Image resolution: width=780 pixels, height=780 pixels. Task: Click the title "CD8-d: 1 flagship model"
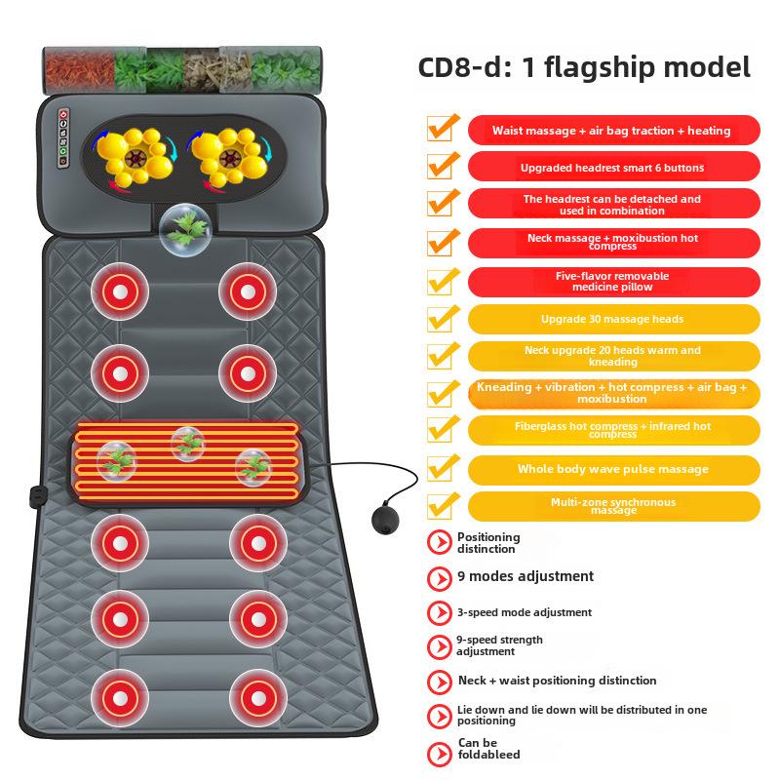pos(584,67)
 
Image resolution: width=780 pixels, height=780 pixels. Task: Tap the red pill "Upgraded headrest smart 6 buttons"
pos(612,168)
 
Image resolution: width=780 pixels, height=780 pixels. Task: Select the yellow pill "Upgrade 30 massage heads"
pos(612,319)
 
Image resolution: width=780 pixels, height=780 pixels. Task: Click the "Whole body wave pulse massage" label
pos(612,469)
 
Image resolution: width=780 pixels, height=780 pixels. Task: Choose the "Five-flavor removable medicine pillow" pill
pos(612,281)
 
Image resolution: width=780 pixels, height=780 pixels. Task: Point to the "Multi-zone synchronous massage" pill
pos(612,506)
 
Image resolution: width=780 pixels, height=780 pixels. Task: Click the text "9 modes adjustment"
pos(525,576)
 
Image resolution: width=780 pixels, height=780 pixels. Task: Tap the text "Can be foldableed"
pos(488,749)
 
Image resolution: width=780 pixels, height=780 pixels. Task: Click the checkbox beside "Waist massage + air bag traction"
pos(441,129)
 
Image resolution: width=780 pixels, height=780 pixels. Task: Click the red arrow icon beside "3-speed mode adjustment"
pos(440,613)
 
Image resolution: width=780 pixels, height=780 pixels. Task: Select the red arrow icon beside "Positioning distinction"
pos(440,543)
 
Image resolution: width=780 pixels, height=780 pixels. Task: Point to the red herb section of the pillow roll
pos(77,65)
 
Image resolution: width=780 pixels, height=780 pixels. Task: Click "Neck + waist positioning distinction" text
pos(557,681)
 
